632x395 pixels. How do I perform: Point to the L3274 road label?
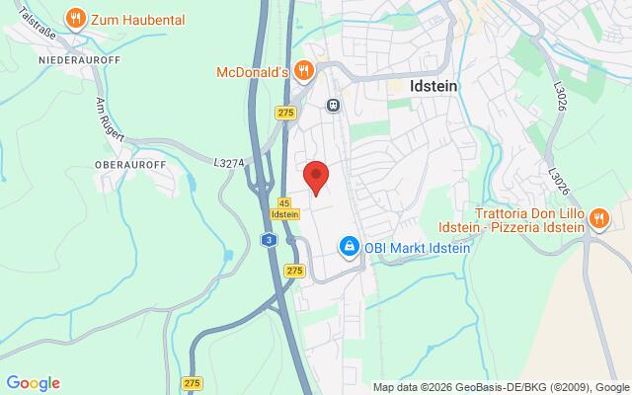click(x=228, y=158)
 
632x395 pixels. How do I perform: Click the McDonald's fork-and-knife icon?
click(x=304, y=70)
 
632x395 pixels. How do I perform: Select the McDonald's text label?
click(x=252, y=71)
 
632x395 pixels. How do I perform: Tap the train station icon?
click(x=334, y=104)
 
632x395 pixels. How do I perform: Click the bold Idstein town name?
click(x=432, y=85)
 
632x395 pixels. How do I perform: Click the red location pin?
click(x=315, y=177)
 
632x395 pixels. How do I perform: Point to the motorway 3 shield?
click(x=269, y=239)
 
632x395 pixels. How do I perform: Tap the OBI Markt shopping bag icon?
click(x=348, y=245)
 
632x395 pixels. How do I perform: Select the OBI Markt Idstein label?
click(x=415, y=246)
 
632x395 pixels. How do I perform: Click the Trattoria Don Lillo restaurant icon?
click(x=597, y=219)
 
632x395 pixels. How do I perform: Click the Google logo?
click(x=33, y=383)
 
